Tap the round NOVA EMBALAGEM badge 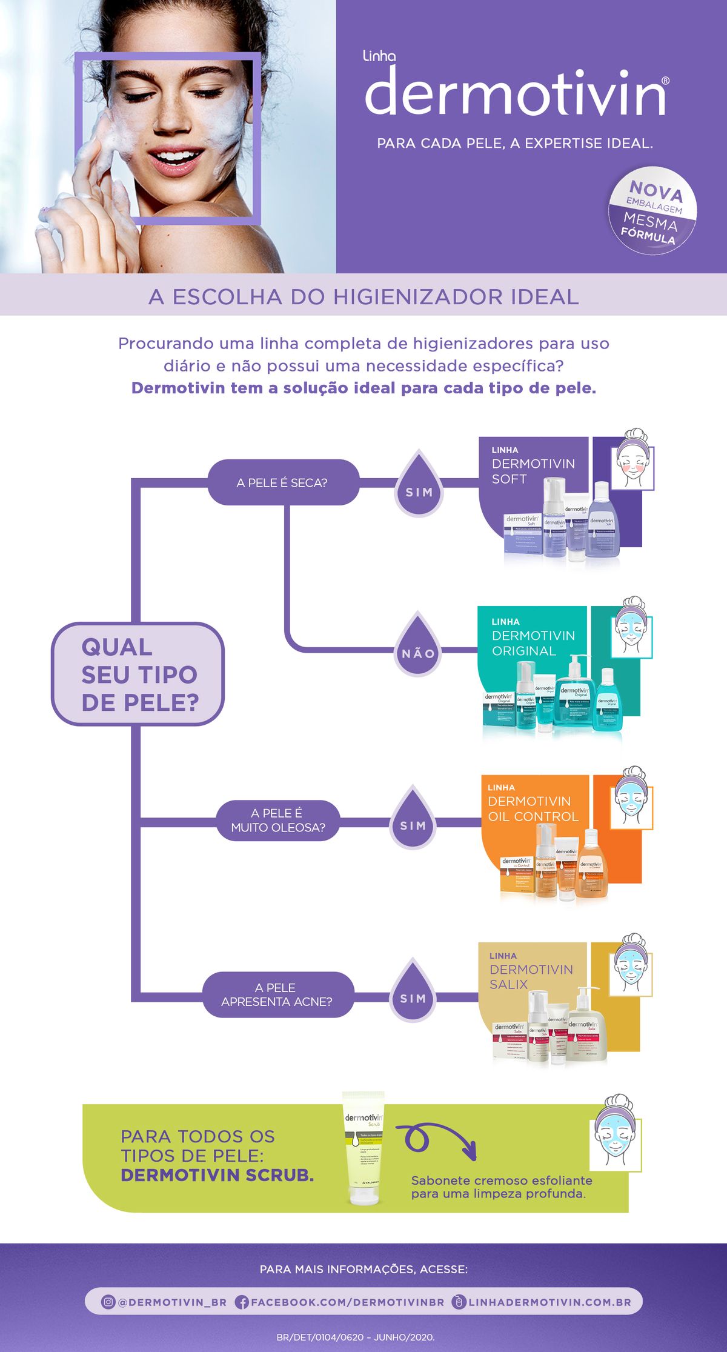click(652, 210)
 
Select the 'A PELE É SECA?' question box click(283, 482)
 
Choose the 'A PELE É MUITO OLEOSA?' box click(278, 821)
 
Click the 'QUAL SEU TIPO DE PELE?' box click(138, 674)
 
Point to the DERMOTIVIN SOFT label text click(533, 471)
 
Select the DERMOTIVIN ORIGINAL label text click(533, 643)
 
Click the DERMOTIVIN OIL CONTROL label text click(533, 808)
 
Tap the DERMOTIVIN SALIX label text click(531, 976)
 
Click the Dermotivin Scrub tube click(363, 1149)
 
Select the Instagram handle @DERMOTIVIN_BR click(171, 1302)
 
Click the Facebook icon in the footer click(242, 1302)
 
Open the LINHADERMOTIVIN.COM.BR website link click(549, 1302)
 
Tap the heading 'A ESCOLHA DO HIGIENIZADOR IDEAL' click(363, 297)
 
